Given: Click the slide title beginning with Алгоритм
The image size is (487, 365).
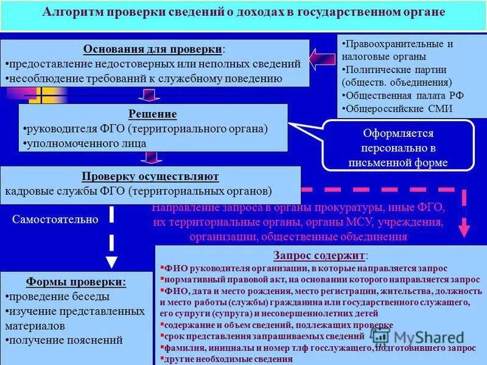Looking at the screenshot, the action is coord(243,13).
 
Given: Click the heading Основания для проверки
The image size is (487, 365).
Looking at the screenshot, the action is coord(153,49).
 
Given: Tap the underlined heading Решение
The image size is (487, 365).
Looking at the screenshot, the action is coord(153,114).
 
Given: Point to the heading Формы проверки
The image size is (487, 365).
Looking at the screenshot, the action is coord(77,282).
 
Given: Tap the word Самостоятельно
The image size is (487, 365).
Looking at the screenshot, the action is coord(55,220).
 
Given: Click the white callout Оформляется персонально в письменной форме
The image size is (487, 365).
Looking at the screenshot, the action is coord(398,148).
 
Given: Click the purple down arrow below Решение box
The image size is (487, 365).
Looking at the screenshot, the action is coord(148,158).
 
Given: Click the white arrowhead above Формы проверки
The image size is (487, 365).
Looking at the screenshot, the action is coord(111,261).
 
